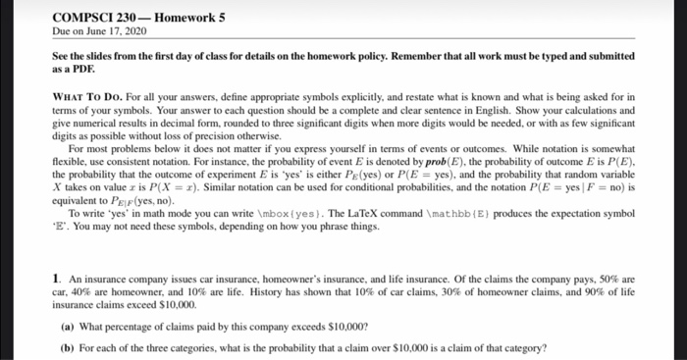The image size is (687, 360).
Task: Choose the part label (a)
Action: point(68,325)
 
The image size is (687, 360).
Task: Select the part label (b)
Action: point(68,346)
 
